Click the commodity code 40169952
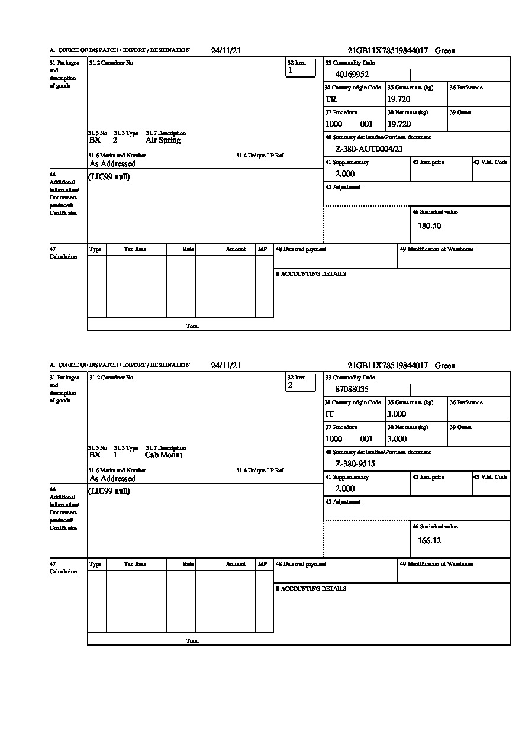352,75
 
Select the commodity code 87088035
352,389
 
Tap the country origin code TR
331,99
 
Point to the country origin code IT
330,414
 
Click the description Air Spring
163,140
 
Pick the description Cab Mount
163,455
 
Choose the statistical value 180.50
429,225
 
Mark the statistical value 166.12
429,540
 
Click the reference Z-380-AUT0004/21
369,149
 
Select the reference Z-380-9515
355,464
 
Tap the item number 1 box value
290,70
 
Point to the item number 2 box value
290,385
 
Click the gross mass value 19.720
398,99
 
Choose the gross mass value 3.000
397,414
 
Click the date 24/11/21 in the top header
225,51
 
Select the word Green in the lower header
445,366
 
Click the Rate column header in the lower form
188,564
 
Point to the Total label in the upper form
192,326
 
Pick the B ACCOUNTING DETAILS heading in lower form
311,589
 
